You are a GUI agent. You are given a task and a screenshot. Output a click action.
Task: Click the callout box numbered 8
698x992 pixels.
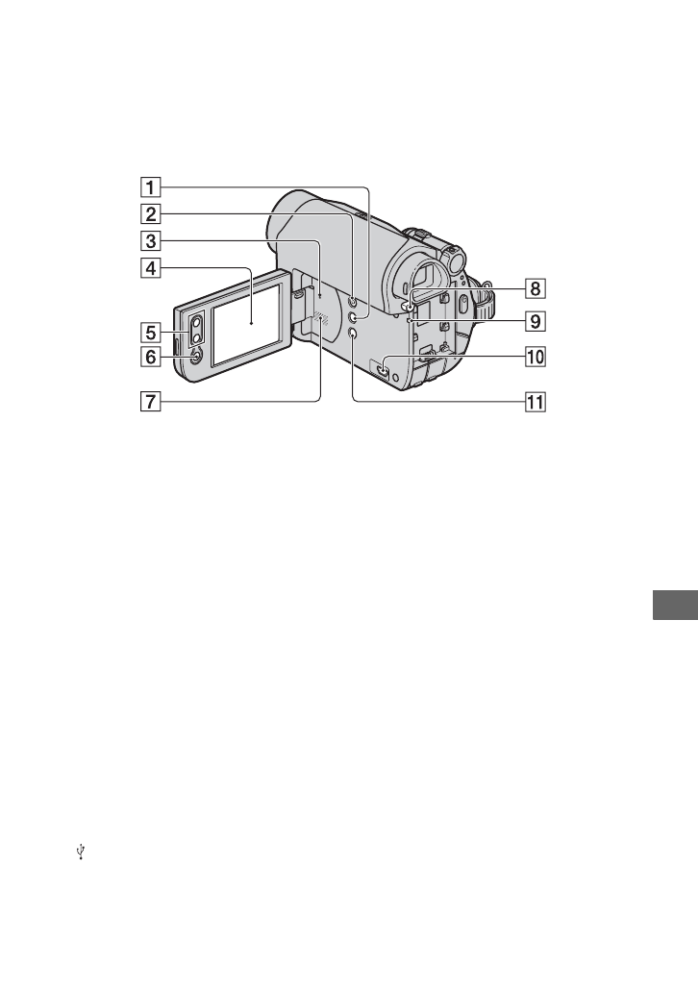535,286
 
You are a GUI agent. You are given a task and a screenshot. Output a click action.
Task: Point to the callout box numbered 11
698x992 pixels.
535,402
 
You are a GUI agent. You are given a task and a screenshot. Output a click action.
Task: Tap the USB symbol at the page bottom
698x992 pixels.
83,851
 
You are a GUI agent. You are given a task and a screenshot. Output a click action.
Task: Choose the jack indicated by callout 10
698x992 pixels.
383,366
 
